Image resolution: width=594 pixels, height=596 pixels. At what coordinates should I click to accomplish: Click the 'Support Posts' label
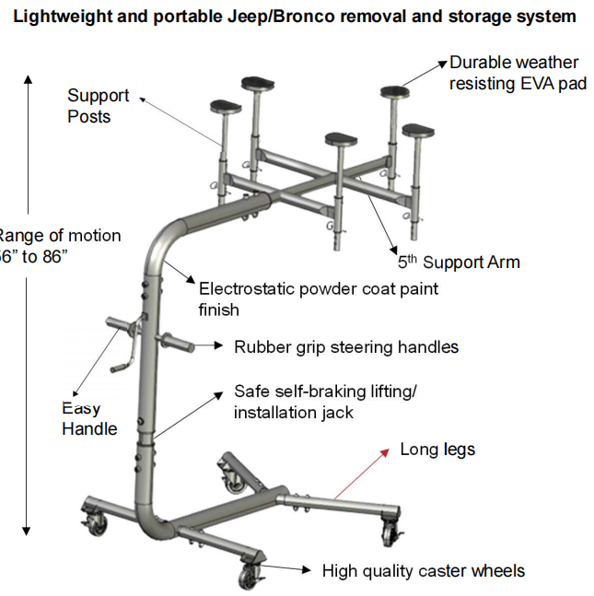(98, 106)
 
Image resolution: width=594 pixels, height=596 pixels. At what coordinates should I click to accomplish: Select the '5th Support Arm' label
(459, 263)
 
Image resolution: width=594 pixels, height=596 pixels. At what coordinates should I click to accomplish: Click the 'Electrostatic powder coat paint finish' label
(318, 298)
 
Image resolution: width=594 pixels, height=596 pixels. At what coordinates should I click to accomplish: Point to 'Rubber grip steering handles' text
(345, 347)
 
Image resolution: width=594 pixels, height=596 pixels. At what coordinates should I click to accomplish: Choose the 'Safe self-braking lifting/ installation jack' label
(324, 402)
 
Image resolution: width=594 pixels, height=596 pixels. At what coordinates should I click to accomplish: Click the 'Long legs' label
(437, 450)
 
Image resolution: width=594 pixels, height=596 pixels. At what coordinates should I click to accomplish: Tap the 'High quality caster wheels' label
(423, 571)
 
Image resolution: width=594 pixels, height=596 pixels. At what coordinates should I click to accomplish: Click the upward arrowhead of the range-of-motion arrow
(29, 79)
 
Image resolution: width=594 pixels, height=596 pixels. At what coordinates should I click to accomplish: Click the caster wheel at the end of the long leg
(391, 532)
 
